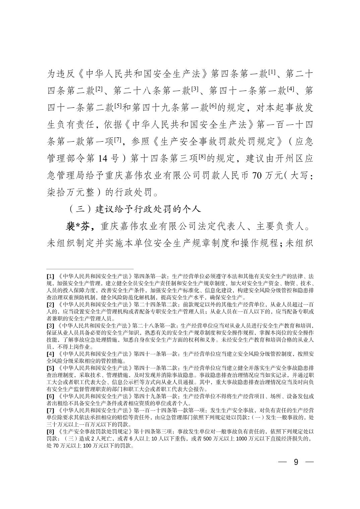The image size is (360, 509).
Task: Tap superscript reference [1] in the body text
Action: [272, 71]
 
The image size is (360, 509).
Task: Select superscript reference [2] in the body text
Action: [99, 88]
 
